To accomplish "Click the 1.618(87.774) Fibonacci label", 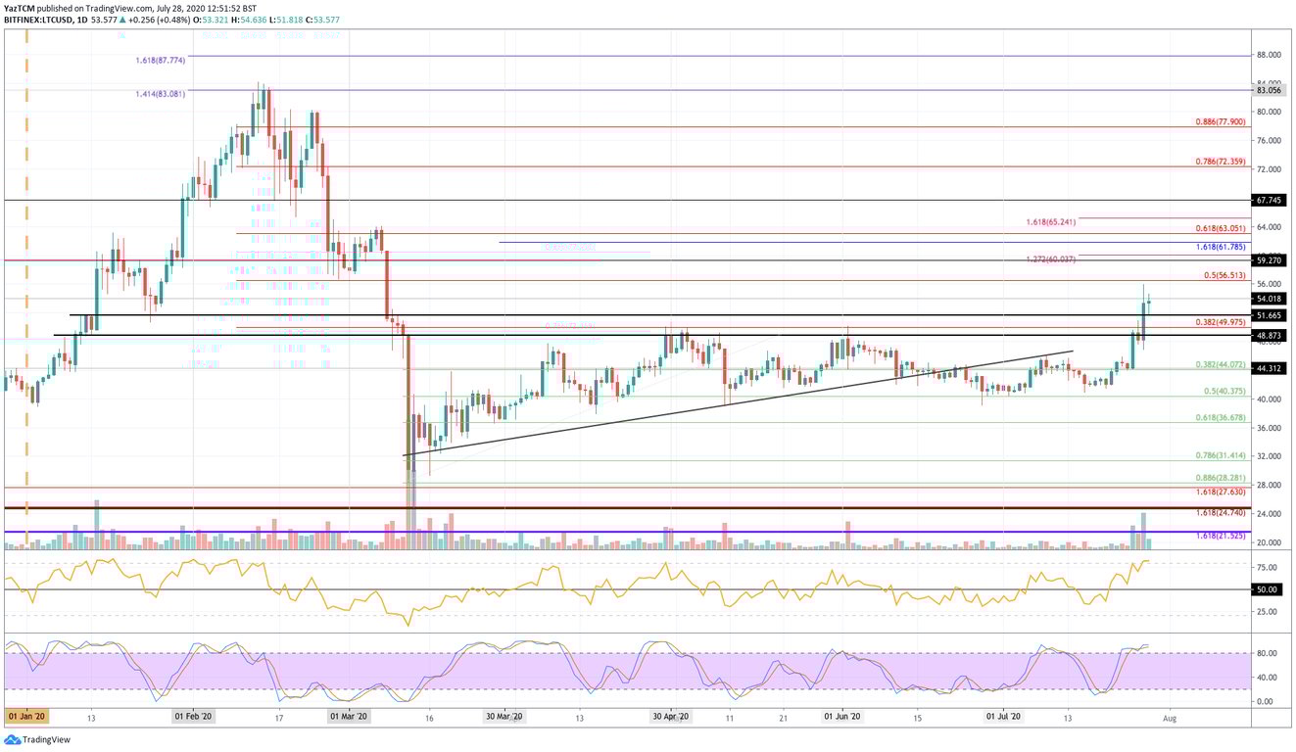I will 160,60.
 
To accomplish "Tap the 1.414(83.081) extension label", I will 160,93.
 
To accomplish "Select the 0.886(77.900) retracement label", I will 1220,122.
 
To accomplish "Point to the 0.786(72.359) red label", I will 1220,162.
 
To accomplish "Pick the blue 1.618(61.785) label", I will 1220,248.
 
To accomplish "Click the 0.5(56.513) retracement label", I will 1224,276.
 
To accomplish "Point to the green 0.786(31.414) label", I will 1220,456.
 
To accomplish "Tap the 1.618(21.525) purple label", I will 1220,537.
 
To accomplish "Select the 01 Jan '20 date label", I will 27,717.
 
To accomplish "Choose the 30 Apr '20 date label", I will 673,717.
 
